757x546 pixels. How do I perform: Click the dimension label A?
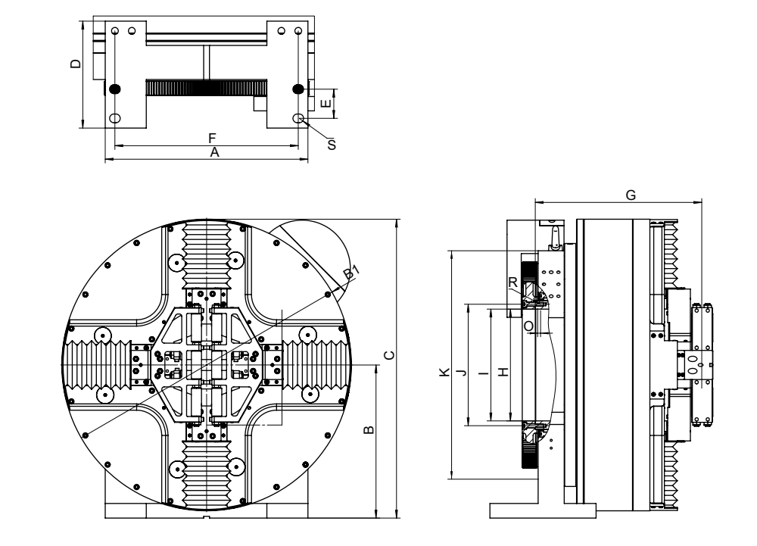214,152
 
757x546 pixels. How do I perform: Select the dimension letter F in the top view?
213,138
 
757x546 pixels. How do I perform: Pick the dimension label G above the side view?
631,195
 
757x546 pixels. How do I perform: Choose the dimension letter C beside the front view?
388,354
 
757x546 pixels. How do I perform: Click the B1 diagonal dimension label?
350,273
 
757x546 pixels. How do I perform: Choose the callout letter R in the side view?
513,281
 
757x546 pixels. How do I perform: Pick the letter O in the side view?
528,325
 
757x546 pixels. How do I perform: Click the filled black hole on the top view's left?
115,89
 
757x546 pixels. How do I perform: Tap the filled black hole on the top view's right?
298,89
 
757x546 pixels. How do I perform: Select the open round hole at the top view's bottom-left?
115,119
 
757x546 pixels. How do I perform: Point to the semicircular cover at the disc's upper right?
318,246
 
